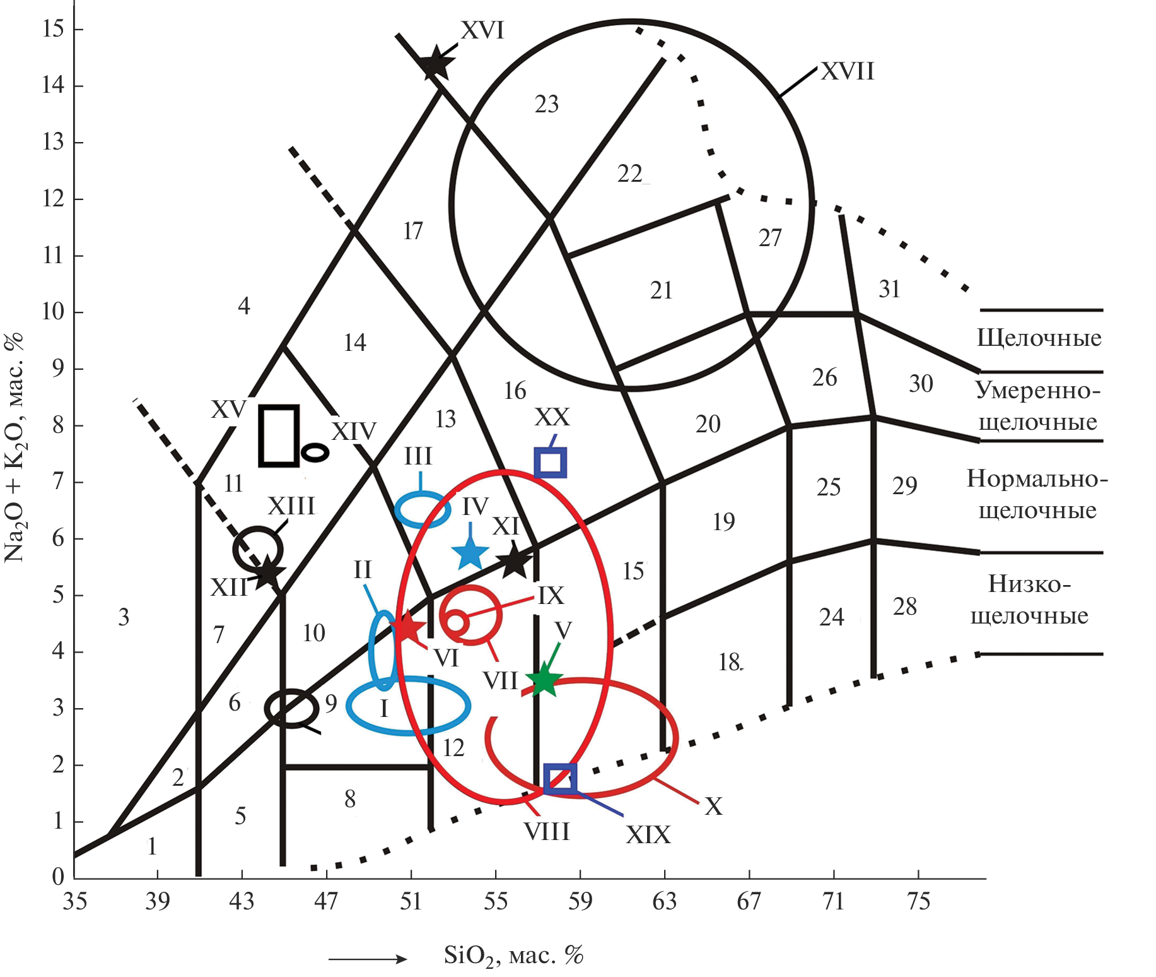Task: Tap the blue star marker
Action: click(470, 554)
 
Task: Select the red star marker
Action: click(408, 627)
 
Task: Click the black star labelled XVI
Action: click(435, 64)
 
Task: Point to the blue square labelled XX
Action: click(550, 463)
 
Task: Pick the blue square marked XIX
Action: click(560, 778)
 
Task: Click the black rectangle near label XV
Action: click(279, 435)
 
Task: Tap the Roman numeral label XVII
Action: click(848, 71)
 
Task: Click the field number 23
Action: click(547, 104)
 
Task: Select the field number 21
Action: click(662, 290)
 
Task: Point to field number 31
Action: click(889, 289)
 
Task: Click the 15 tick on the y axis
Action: click(54, 29)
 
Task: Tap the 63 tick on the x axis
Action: click(665, 901)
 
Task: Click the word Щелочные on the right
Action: click(1039, 338)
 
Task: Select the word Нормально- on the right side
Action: click(1037, 479)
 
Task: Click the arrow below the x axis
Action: click(368, 959)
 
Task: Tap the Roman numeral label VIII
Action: click(546, 832)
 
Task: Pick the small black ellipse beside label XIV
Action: click(315, 453)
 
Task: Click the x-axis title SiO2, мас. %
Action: click(514, 956)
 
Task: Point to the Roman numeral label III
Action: click(418, 456)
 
